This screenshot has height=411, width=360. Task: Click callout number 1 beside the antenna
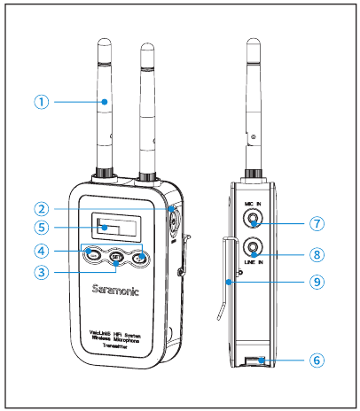point(41,101)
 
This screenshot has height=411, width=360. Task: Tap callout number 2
point(41,210)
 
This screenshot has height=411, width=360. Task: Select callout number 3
point(41,273)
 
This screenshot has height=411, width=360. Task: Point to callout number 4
point(41,250)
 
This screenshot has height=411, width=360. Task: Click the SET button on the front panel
point(117,258)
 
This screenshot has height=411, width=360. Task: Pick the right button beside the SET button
point(141,258)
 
